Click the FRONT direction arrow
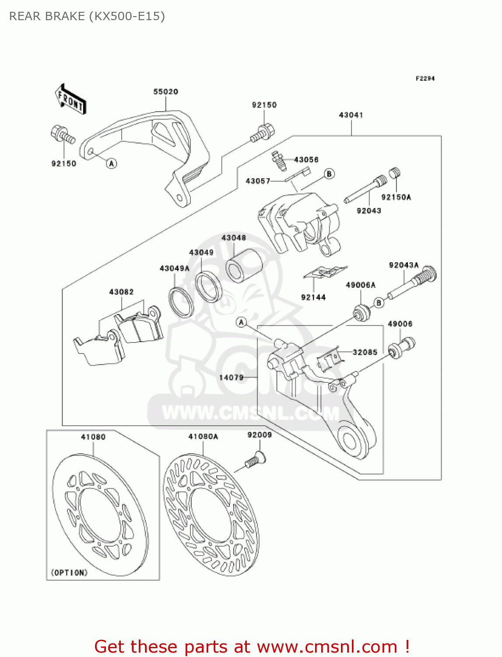(70, 100)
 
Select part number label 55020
(165, 92)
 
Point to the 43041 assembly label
(351, 115)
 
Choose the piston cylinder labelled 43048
(244, 265)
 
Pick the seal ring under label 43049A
(181, 302)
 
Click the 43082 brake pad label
(121, 292)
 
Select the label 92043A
(404, 265)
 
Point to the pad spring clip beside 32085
(329, 359)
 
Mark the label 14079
(231, 377)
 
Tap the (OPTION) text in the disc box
(69, 572)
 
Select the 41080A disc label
(203, 437)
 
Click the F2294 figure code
(425, 78)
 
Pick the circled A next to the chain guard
(112, 163)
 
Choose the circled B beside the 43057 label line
(329, 174)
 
